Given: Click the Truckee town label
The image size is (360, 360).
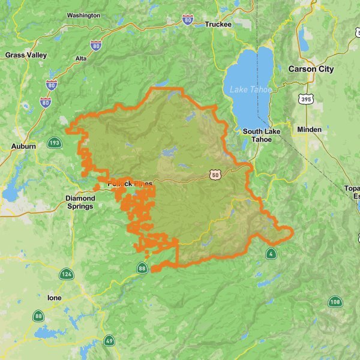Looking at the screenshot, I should (217, 24).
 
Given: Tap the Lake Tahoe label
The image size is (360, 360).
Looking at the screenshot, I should (250, 89).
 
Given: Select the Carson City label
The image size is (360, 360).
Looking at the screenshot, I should (310, 69).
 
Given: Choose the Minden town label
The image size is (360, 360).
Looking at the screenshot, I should (309, 129).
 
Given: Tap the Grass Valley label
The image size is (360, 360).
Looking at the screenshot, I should (26, 55).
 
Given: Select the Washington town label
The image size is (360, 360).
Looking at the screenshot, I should (83, 15).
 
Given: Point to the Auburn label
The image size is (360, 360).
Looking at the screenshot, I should (23, 146).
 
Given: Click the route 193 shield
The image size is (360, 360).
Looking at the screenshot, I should (55, 143).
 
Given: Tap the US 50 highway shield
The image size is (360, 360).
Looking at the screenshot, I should (215, 175).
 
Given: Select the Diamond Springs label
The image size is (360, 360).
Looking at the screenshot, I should (80, 202).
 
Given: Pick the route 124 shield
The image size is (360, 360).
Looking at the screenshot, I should (66, 275).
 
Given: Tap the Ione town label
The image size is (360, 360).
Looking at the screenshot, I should (54, 297).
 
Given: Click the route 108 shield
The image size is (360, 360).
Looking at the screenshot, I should (335, 302).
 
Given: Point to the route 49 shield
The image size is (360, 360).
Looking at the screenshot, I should (109, 341).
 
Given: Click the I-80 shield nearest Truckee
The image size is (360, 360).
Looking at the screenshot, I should (188, 20).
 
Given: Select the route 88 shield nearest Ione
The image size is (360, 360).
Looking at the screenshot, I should (39, 316).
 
